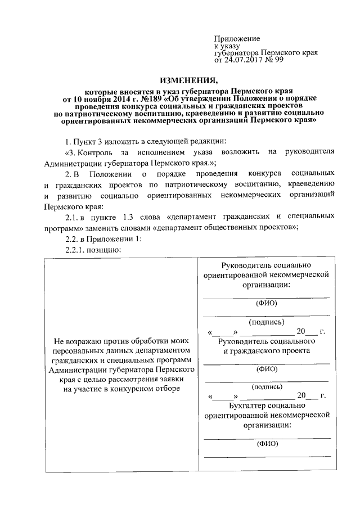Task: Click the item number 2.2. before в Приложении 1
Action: [73, 238]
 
